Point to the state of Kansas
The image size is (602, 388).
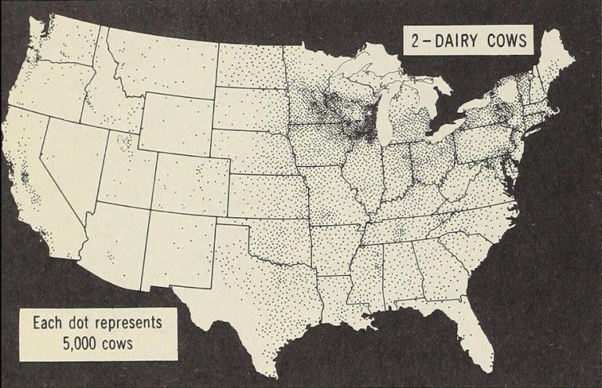click(267, 193)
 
